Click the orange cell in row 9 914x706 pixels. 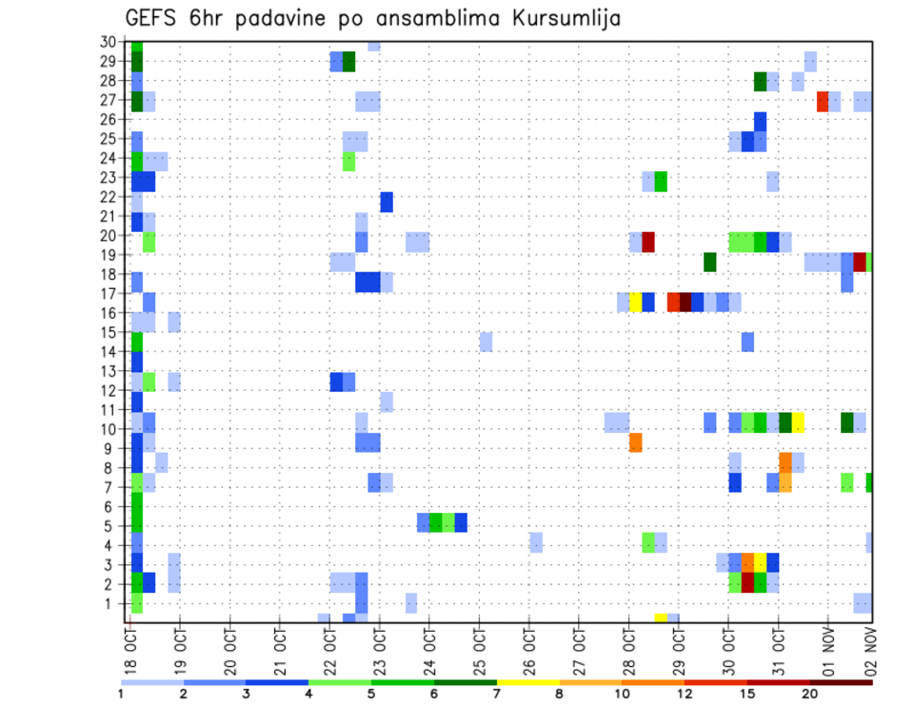coord(635,442)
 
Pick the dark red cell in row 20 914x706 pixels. coord(647,242)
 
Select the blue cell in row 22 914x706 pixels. coord(387,202)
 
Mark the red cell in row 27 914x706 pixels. coord(822,101)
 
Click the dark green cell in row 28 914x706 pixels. coord(760,82)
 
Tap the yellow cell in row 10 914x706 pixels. coord(798,422)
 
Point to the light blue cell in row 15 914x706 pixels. coord(486,342)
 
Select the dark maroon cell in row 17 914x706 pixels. coord(685,302)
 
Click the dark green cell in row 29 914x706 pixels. coord(348,62)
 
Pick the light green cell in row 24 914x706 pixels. coord(348,161)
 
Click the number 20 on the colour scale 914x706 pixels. coord(811,693)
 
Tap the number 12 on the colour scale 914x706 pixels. coord(686,693)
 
